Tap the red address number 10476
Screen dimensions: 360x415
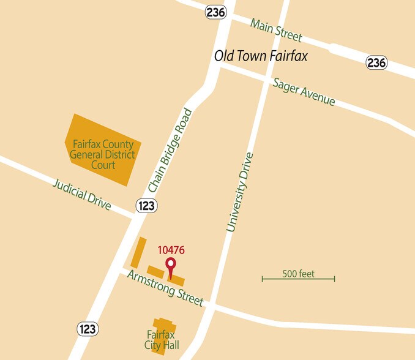point(171,250)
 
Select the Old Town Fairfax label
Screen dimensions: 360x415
point(260,56)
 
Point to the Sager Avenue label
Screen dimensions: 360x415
point(304,91)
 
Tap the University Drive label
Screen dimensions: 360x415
point(239,192)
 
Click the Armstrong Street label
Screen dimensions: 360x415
point(165,288)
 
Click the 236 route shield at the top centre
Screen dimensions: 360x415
point(216,12)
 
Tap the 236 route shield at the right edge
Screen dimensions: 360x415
point(376,62)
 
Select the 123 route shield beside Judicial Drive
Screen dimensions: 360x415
point(146,206)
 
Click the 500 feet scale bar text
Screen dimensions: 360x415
point(298,274)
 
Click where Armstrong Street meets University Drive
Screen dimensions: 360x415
point(209,304)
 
